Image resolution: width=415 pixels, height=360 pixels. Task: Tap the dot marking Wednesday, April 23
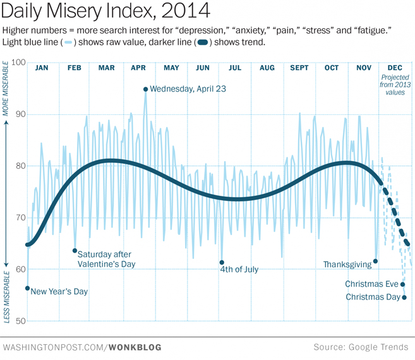point(145,89)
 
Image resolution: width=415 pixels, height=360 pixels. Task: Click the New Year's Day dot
point(28,288)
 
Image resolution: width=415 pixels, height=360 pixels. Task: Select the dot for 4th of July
point(222,262)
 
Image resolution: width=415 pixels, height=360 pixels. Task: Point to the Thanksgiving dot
point(376,261)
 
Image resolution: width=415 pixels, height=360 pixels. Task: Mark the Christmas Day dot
point(404,297)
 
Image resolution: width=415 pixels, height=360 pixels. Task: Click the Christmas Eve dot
point(402,284)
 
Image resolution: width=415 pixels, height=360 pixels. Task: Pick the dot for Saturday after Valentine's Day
point(75,251)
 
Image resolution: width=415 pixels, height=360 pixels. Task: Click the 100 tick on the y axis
point(18,63)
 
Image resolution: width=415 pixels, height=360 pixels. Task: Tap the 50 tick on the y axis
point(20,321)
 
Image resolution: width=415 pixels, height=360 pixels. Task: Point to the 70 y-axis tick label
point(20,218)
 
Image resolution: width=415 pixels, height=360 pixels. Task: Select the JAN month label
point(42,68)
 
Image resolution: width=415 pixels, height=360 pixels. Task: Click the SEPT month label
point(299,68)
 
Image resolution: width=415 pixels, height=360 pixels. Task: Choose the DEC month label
point(395,68)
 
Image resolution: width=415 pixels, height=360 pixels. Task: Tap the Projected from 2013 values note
point(395,85)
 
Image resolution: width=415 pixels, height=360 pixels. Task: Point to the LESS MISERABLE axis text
point(6,297)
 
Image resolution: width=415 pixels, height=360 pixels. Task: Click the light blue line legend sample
point(68,43)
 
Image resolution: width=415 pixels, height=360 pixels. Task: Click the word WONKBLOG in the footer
point(135,347)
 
